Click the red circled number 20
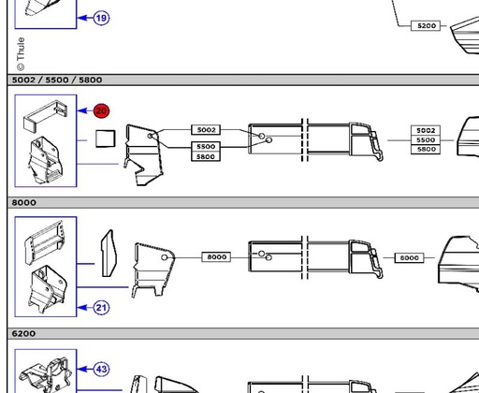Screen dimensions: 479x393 click(101, 110)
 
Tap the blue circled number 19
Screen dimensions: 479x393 click(101, 18)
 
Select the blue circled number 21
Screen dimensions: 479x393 click(101, 308)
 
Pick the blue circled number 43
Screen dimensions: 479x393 click(101, 370)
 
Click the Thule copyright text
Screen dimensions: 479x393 click(21, 54)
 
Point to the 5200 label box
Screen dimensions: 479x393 click(426, 25)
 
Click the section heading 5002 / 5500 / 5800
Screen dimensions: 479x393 click(57, 80)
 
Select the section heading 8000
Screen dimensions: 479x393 click(24, 203)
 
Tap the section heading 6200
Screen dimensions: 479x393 click(23, 334)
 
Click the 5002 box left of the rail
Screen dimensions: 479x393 click(206, 130)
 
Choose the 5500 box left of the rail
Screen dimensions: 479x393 click(206, 146)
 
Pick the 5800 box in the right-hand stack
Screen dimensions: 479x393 click(426, 150)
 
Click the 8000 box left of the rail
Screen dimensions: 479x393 click(216, 256)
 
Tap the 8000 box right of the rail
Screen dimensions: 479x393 click(409, 257)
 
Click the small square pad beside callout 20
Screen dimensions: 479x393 click(106, 138)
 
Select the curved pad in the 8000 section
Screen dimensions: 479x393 click(109, 253)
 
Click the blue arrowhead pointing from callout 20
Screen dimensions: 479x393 click(82, 110)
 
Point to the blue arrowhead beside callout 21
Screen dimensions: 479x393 click(82, 308)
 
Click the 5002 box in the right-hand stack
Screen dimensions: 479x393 click(426, 130)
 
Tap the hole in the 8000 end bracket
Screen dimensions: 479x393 click(165, 257)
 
